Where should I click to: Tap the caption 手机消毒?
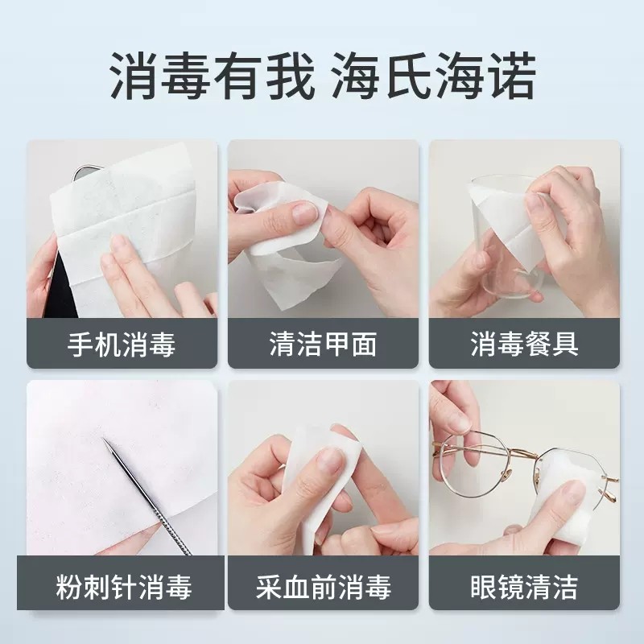coord(122,345)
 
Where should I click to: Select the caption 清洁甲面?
coord(323,345)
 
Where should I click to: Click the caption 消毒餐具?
coord(524,345)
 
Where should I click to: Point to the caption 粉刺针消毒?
coord(122,587)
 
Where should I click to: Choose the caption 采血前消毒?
coord(323,587)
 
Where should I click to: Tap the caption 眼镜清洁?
coord(524,587)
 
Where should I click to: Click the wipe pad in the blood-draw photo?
coord(322,467)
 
